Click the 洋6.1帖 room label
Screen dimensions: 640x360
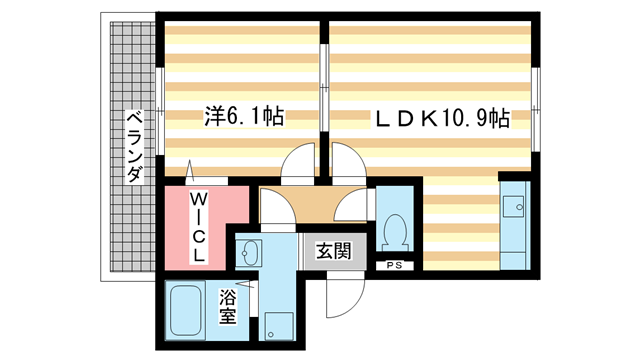pyautogui.click(x=245, y=117)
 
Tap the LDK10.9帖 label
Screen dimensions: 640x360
pyautogui.click(x=442, y=119)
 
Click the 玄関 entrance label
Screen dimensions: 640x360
pyautogui.click(x=333, y=251)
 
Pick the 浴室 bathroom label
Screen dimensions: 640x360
pyautogui.click(x=228, y=306)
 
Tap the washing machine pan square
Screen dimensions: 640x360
pyautogui.click(x=277, y=325)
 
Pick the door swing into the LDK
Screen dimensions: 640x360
pyautogui.click(x=350, y=163)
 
